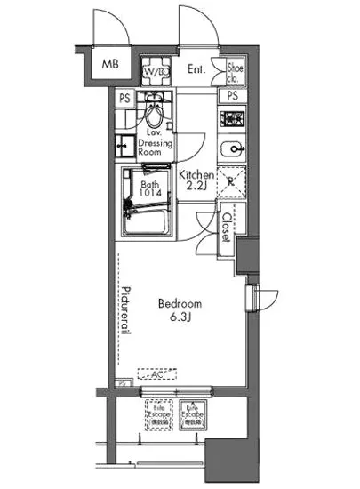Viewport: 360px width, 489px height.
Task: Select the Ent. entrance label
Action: (197, 68)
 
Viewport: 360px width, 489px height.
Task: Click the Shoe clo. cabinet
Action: (236, 68)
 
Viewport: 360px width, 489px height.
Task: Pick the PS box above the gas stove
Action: (233, 95)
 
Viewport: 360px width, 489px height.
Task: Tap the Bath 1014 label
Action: (149, 190)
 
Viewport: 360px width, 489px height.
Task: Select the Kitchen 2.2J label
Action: (194, 182)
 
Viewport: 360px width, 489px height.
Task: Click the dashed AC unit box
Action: (156, 375)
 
